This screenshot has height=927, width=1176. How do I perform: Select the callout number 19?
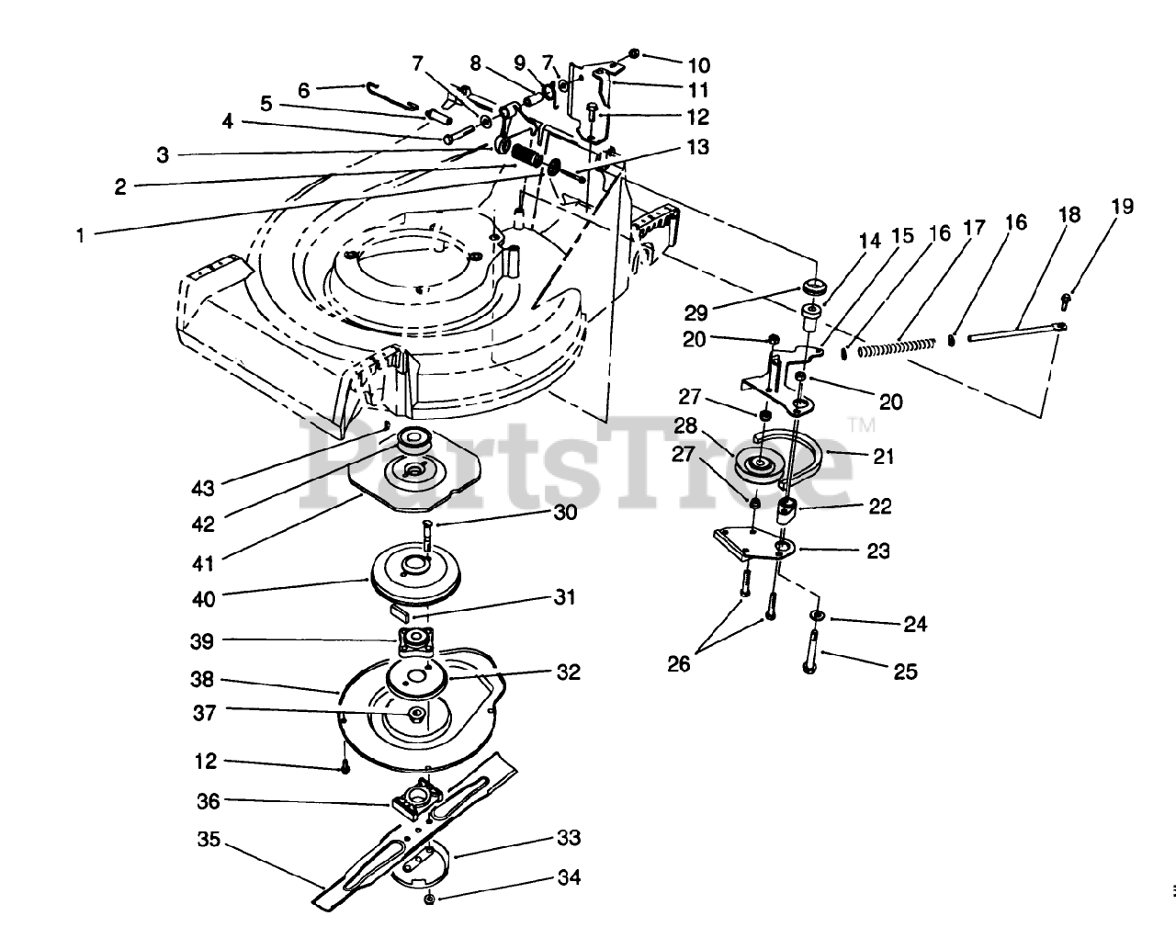(x=1123, y=206)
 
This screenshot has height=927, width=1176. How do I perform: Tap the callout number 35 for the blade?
(x=209, y=840)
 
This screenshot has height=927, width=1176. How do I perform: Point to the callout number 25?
(x=906, y=672)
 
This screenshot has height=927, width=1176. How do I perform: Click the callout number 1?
(x=81, y=235)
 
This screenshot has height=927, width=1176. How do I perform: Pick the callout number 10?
(x=698, y=65)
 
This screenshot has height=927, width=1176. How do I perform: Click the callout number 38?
(x=202, y=679)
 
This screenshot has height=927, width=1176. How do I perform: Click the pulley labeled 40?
(x=423, y=576)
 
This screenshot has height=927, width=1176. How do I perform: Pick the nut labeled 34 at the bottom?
(x=430, y=899)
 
